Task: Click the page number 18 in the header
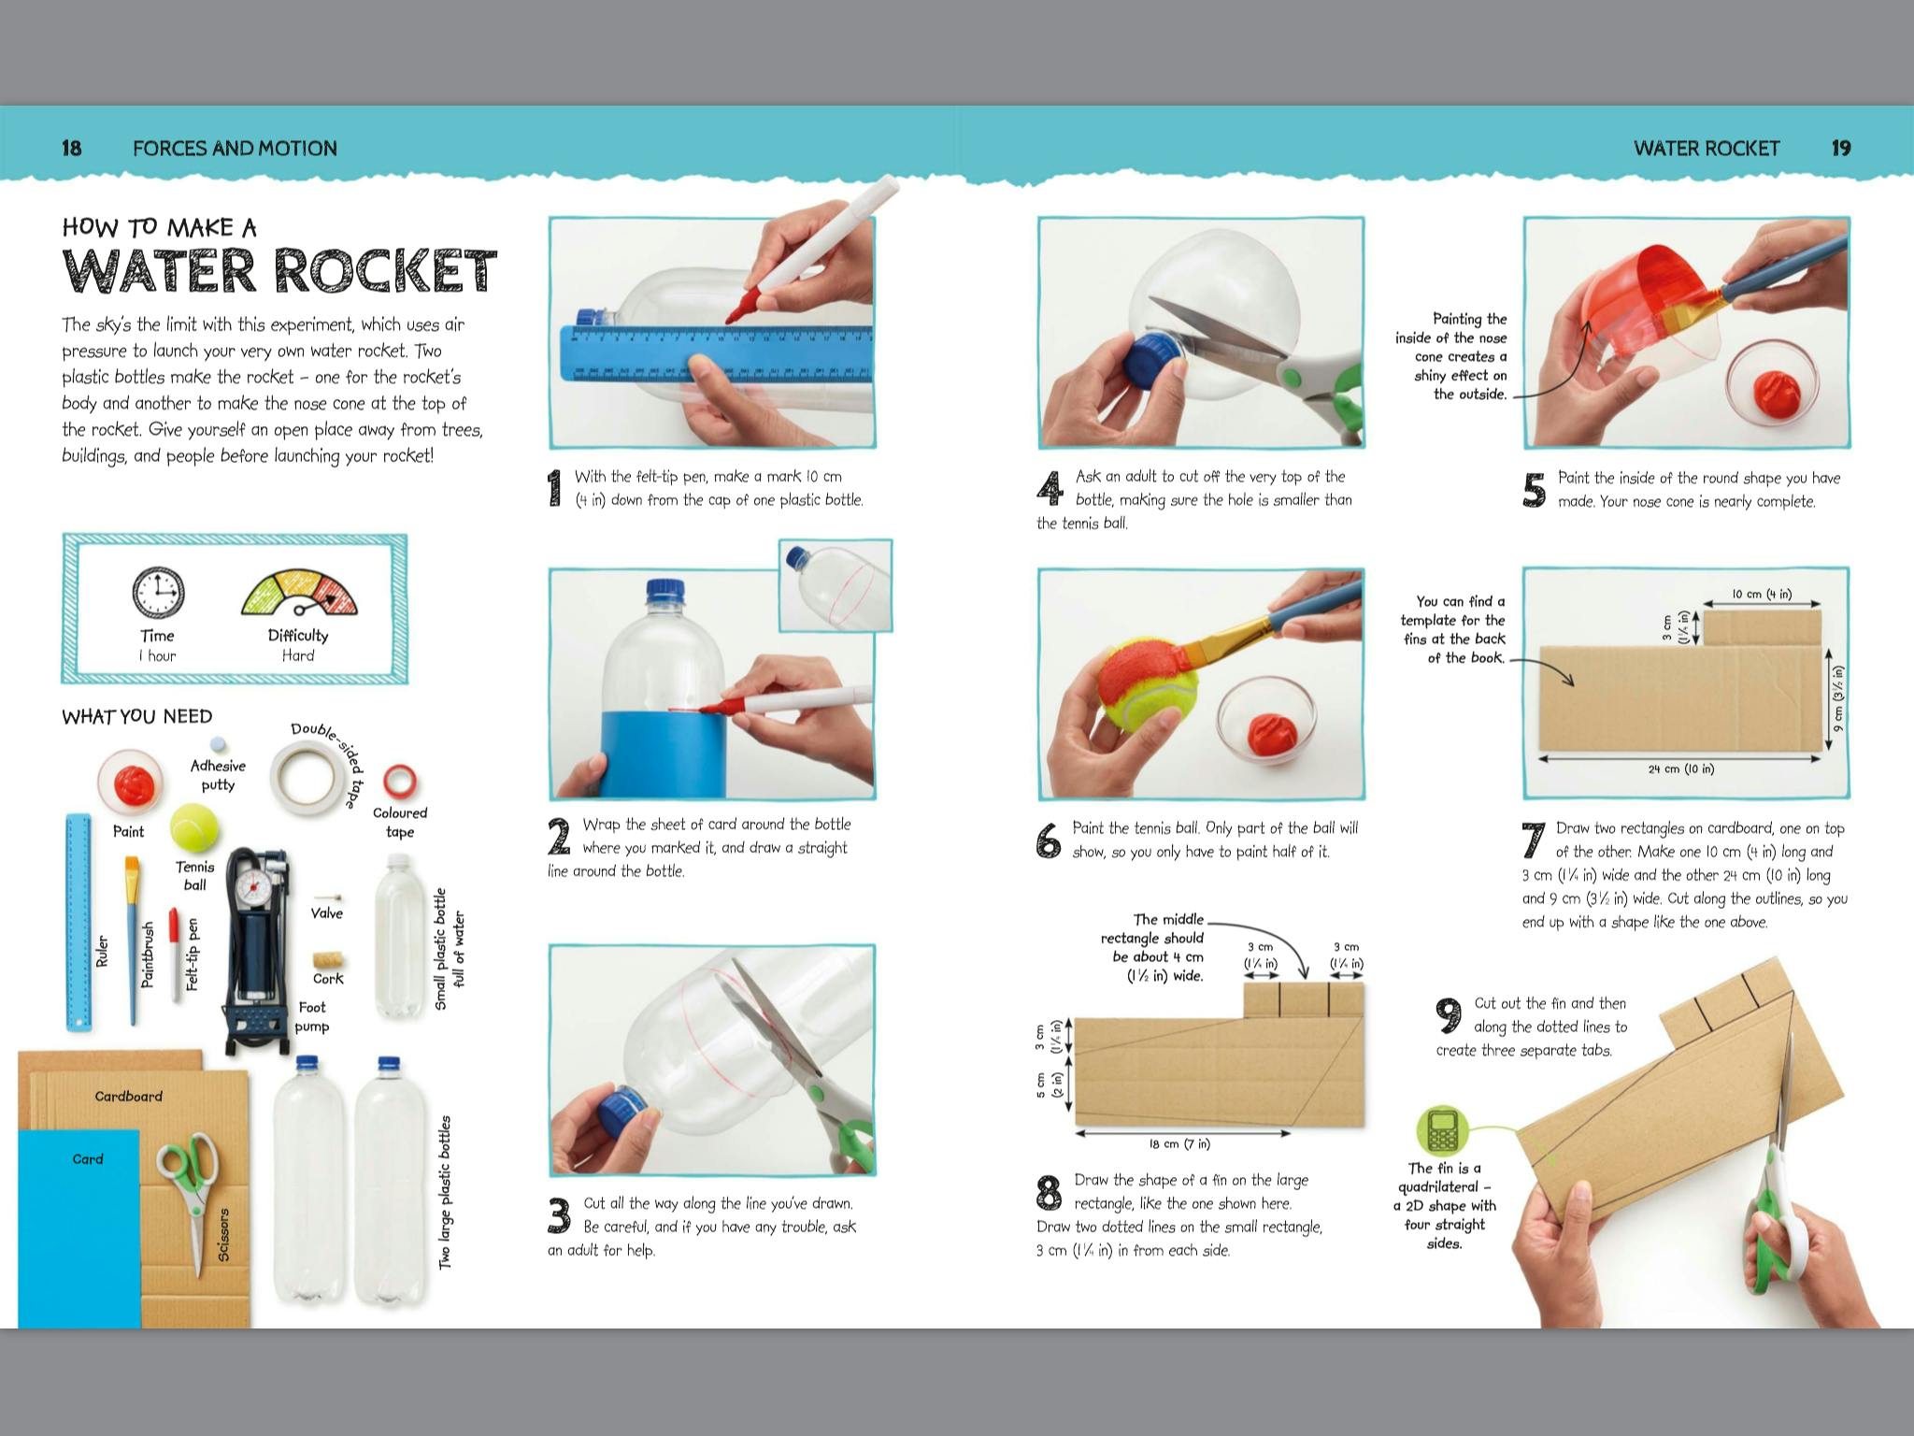[72, 148]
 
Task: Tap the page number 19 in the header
[1841, 148]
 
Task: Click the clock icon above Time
[158, 593]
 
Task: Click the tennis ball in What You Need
[194, 826]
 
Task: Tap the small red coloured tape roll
[400, 780]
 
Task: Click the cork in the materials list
[328, 960]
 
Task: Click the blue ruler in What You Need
[79, 922]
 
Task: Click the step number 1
[555, 488]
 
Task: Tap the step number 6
[1049, 840]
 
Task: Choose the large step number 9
[1449, 1015]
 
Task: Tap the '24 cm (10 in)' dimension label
[1681, 769]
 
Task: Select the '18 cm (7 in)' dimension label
[1180, 1143]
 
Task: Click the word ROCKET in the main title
[385, 271]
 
